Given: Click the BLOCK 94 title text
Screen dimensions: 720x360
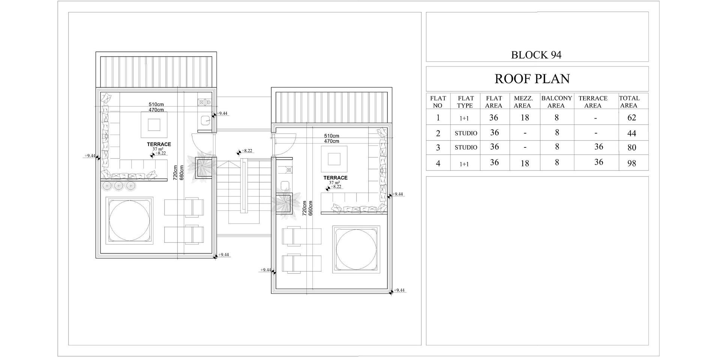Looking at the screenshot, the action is point(536,55).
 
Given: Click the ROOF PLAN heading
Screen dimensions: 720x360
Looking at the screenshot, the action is point(532,79).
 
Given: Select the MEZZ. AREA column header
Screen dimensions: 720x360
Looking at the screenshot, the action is point(523,102).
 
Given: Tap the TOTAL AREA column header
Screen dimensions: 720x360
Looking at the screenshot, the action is point(629,102).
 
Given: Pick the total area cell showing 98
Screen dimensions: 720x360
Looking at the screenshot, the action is point(632,163).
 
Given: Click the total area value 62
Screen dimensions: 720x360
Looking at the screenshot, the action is point(632,118).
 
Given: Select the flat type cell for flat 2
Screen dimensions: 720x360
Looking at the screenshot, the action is point(466,133).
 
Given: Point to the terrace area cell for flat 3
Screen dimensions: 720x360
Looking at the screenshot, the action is point(599,147).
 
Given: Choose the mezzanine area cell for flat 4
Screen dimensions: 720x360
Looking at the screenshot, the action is point(525,163).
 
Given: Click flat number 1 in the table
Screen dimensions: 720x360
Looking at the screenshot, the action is point(438,118).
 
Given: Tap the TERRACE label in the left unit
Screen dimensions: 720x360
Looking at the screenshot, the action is point(159,144).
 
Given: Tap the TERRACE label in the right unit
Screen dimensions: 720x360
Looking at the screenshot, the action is point(336,178).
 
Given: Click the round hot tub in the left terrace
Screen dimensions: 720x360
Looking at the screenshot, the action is point(129,221).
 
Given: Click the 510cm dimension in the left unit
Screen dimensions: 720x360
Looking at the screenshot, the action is point(156,105).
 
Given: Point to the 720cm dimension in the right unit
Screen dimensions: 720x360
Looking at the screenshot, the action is point(304,208).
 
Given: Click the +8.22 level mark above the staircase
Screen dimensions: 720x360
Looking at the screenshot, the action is point(247,151).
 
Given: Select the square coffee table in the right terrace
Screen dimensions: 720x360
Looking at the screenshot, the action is point(334,159).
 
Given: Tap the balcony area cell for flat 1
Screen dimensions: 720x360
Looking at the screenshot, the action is point(556,118).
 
